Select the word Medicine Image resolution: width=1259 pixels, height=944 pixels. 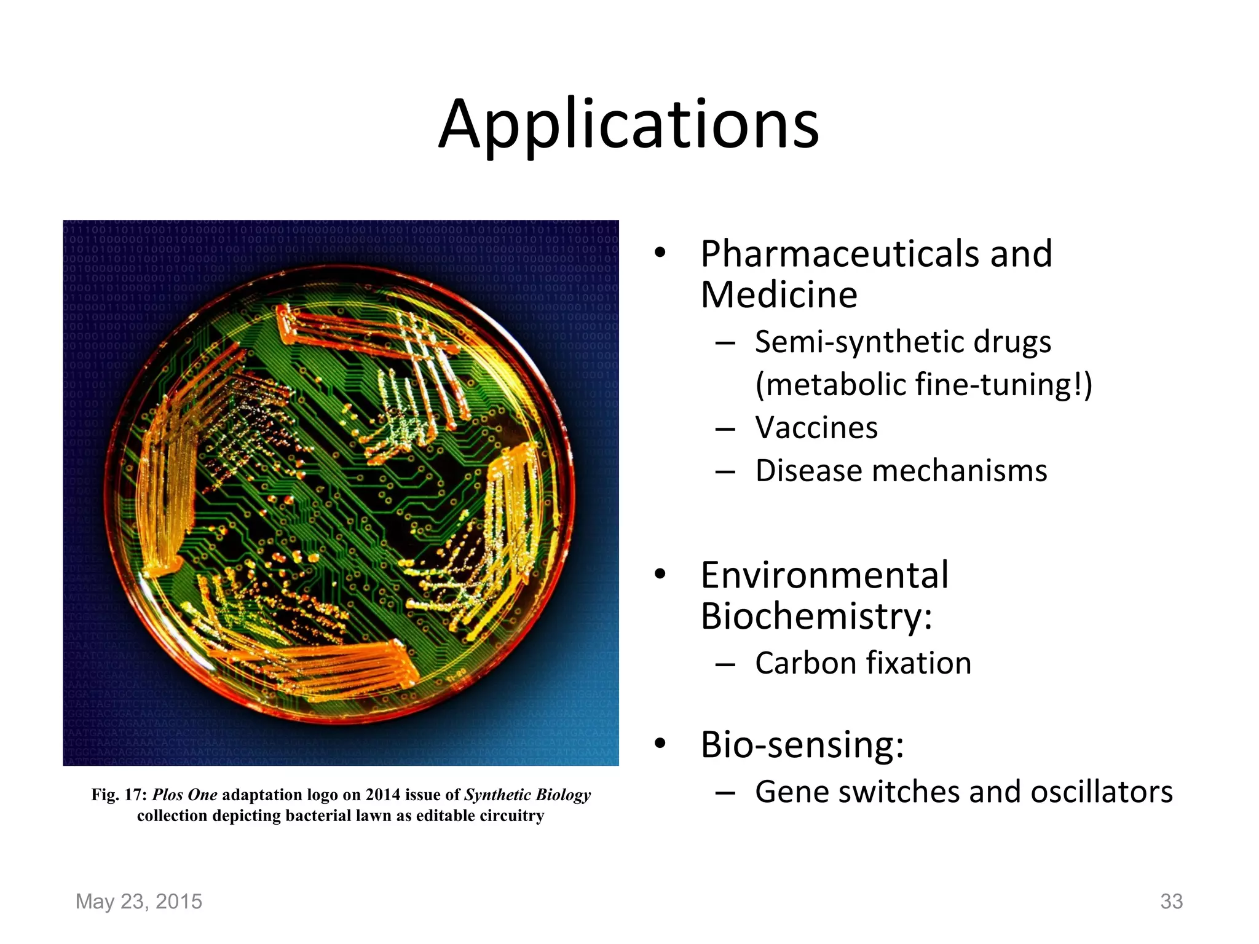point(778,295)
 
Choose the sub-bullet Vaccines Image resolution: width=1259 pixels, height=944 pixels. point(816,428)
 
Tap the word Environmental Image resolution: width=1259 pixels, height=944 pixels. point(824,576)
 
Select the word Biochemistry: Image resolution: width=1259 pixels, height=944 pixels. point(816,616)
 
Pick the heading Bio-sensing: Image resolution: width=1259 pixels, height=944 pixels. point(802,745)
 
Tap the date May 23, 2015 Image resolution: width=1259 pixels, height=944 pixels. point(138,902)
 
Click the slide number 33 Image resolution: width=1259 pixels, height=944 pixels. point(1171,902)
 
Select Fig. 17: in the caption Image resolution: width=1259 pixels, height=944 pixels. point(119,795)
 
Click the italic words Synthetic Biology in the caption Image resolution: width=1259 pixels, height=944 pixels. point(527,795)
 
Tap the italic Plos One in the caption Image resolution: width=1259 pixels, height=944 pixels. point(184,795)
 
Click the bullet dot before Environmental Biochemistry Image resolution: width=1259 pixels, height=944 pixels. point(660,575)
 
